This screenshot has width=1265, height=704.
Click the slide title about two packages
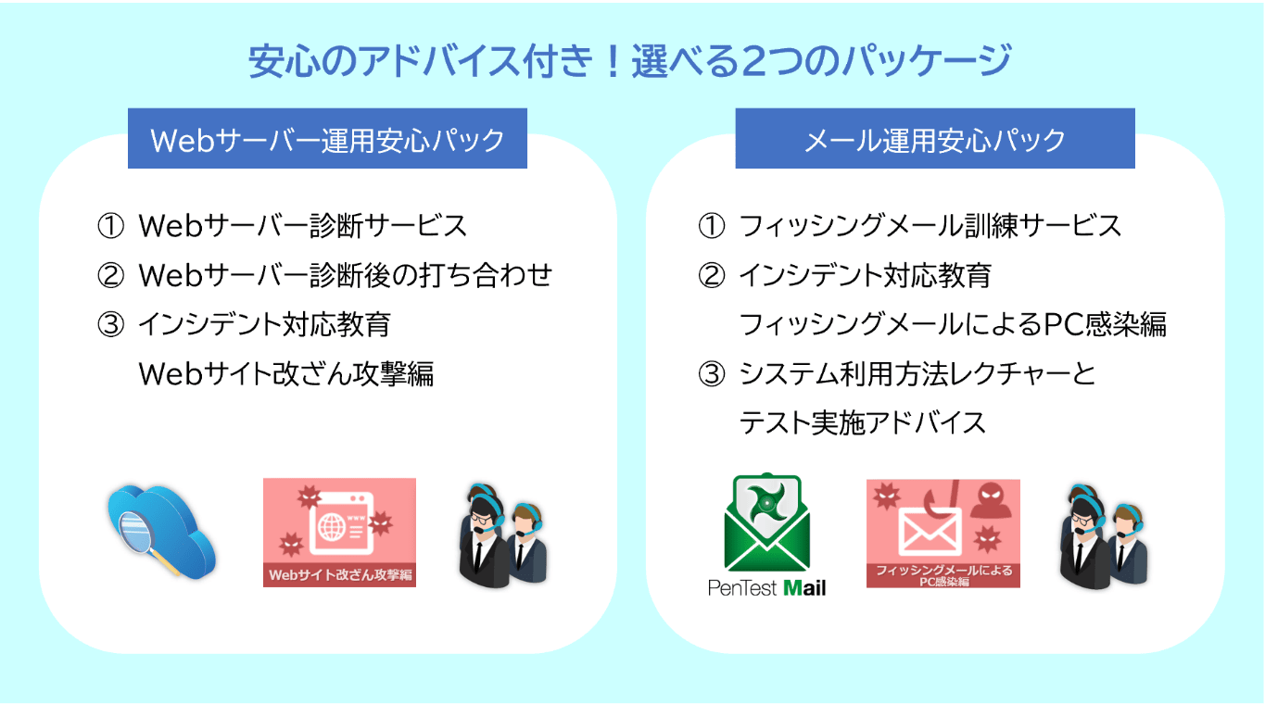pos(629,61)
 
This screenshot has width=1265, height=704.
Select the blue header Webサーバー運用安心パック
pos(327,138)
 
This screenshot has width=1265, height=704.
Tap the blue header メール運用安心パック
pos(935,138)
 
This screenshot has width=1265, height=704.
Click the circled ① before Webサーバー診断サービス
pos(110,226)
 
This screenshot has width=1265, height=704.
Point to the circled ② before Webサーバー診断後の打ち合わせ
pos(110,275)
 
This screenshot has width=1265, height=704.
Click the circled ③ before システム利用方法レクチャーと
pos(712,374)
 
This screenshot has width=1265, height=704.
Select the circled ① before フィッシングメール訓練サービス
pos(712,226)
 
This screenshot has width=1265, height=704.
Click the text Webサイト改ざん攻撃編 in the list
pos(286,373)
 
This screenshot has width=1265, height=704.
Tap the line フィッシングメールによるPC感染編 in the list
pos(953,324)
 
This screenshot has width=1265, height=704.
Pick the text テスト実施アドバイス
pos(863,422)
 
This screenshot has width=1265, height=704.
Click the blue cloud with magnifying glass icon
pos(162,533)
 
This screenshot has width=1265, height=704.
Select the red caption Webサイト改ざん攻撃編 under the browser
pos(340,575)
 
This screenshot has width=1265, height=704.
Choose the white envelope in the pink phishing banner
pos(930,532)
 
